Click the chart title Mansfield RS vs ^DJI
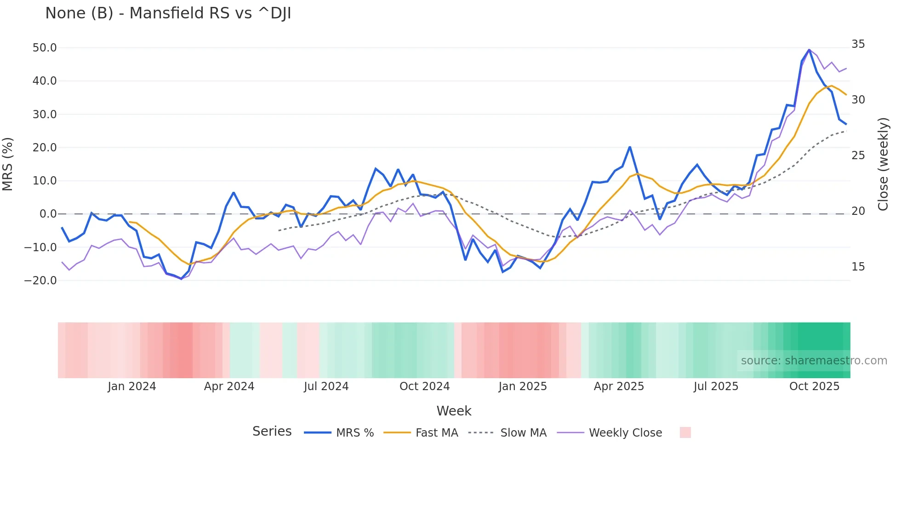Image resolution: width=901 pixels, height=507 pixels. click(168, 13)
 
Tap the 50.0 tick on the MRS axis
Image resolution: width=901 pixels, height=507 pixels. click(45, 48)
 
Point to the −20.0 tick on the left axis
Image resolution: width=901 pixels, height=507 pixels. click(40, 281)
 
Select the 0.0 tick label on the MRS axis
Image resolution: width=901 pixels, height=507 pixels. click(48, 214)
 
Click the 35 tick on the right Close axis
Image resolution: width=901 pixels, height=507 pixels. click(858, 44)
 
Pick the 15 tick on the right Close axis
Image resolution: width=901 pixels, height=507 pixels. click(858, 267)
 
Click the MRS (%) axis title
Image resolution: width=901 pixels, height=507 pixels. click(8, 164)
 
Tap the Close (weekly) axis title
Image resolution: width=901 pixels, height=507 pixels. click(883, 164)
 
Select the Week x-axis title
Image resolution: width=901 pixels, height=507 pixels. click(454, 411)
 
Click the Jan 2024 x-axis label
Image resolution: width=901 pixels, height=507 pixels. click(132, 386)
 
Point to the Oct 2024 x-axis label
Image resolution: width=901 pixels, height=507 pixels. click(424, 386)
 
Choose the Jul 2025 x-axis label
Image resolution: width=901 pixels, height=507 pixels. click(716, 386)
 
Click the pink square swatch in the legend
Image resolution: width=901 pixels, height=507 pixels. click(685, 432)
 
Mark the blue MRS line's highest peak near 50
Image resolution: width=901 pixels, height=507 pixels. click(809, 50)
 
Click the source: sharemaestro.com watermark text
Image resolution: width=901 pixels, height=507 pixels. click(814, 361)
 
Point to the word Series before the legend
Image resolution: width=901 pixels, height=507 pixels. click(272, 432)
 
